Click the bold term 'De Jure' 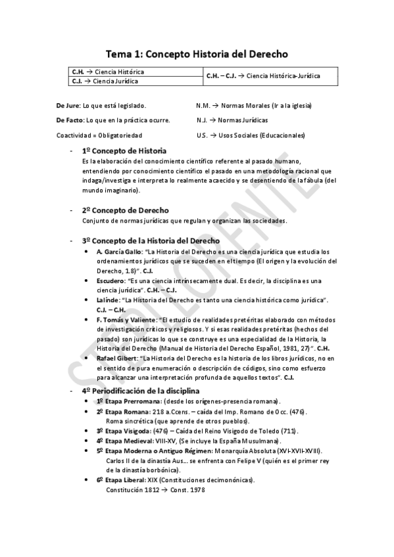[x=68, y=105]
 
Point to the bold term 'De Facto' [x=70, y=120]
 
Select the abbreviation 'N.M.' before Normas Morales [x=203, y=105]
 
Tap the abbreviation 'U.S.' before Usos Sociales [x=202, y=135]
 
